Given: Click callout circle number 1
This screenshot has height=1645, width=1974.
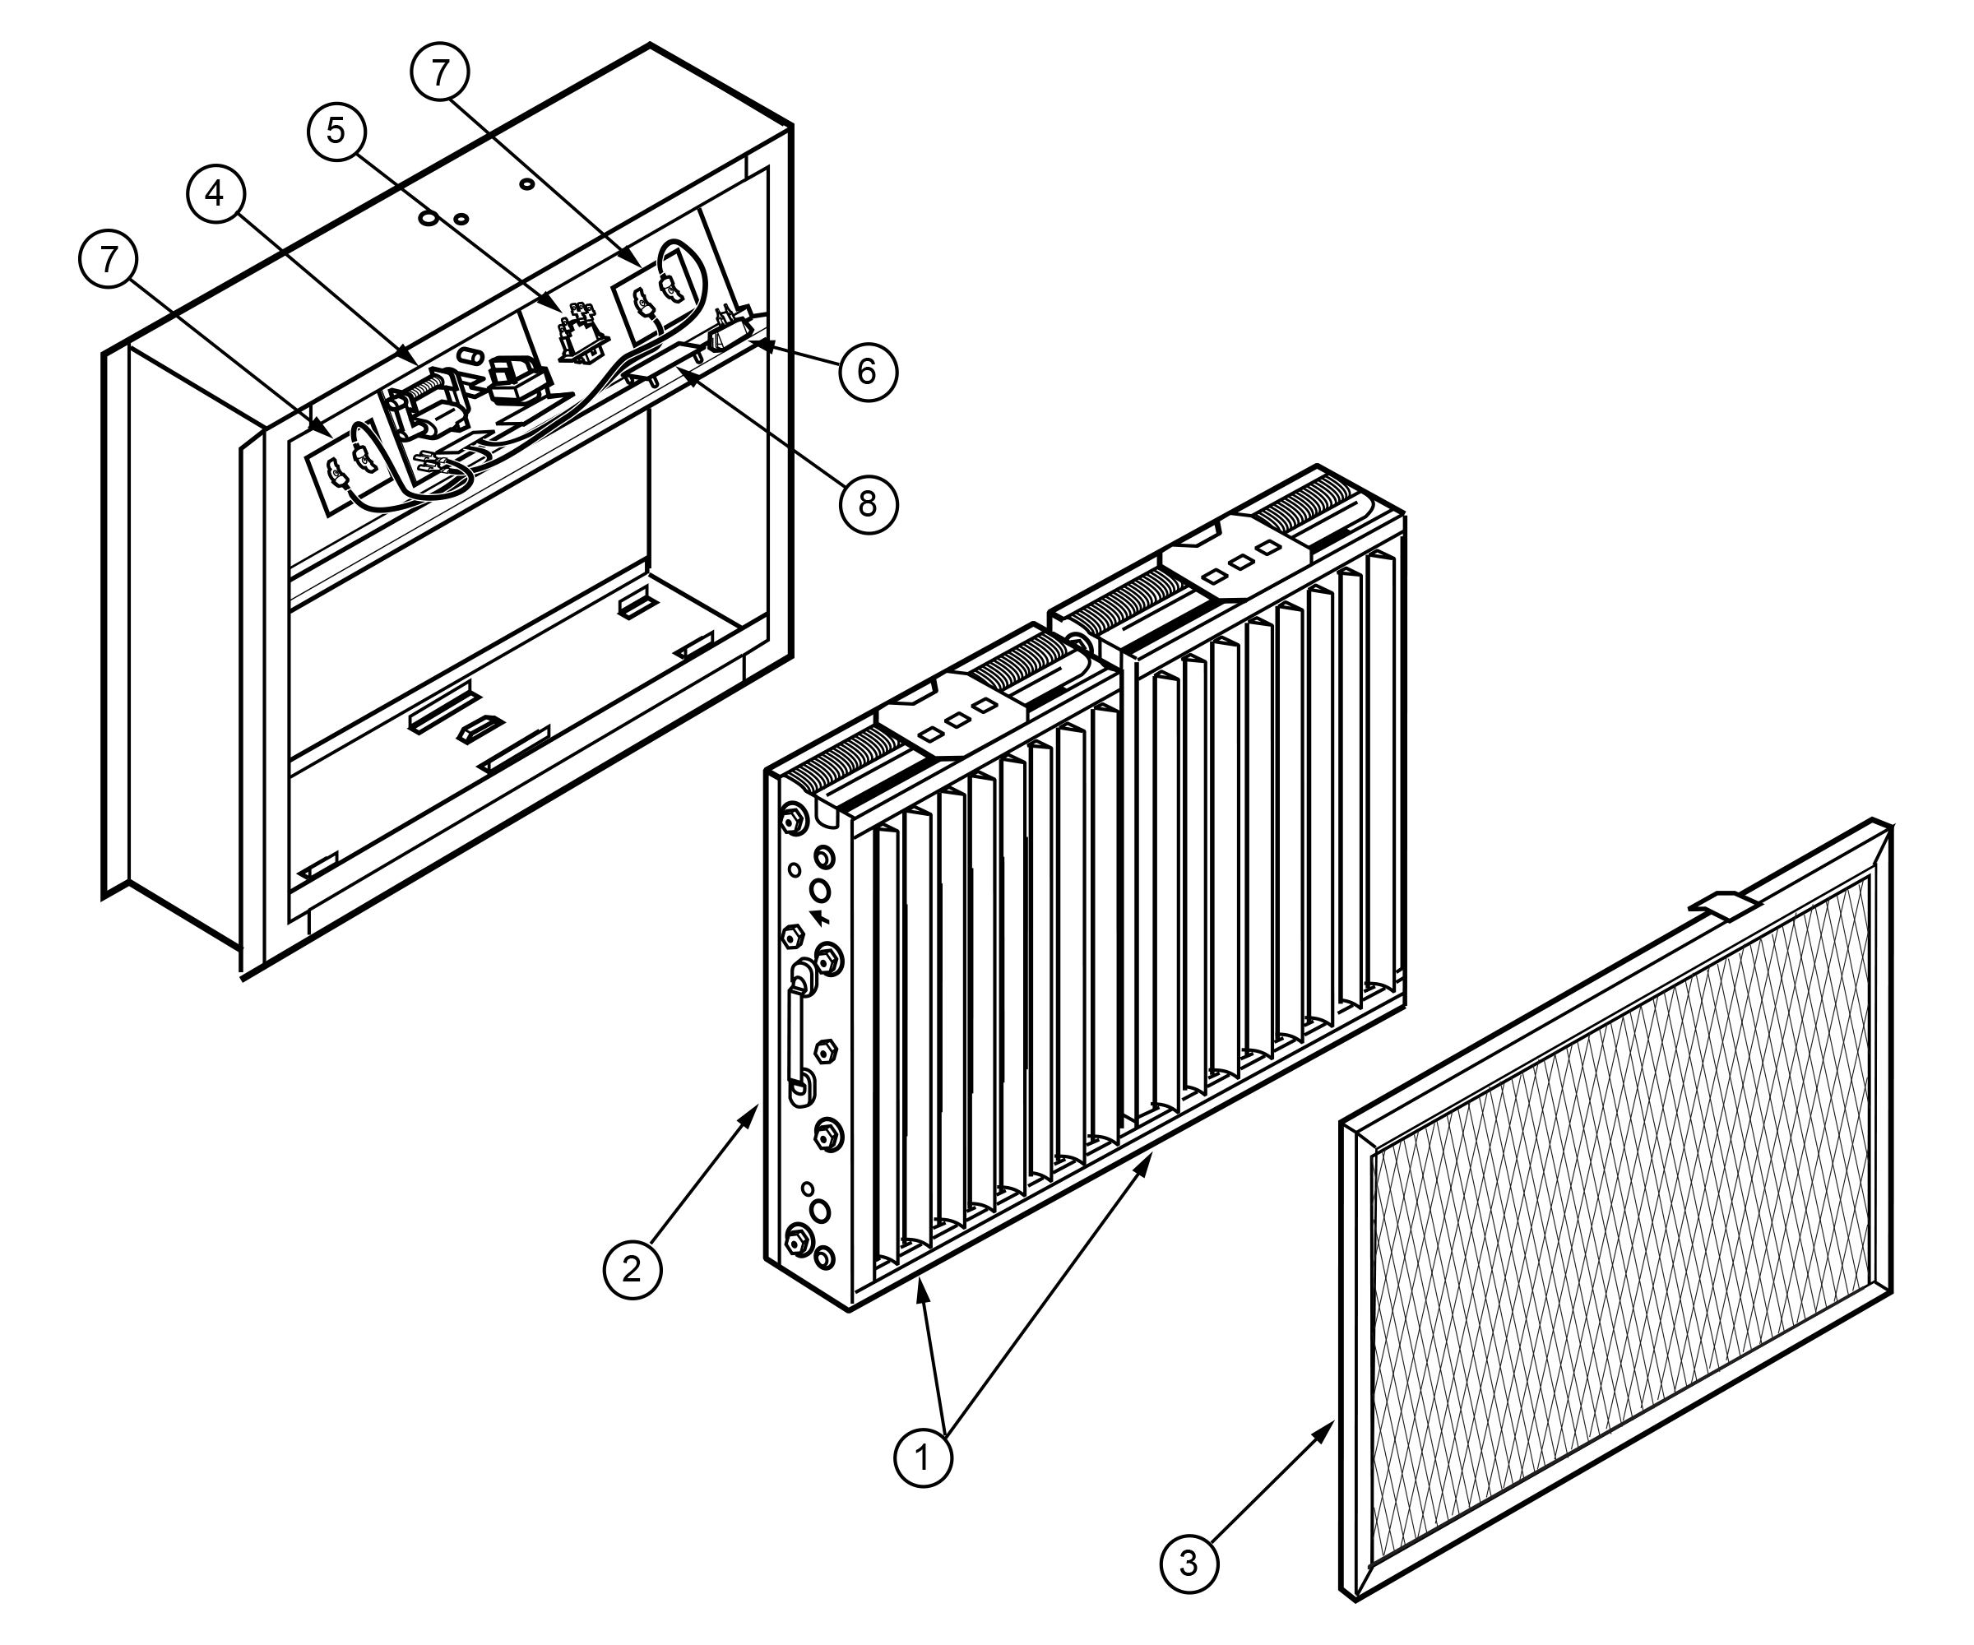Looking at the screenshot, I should coord(922,1457).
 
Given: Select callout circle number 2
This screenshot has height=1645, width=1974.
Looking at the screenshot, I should coord(632,1269).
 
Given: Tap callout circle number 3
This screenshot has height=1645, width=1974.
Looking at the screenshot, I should coord(1189,1564).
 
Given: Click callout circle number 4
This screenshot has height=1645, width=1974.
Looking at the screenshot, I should coord(215,193).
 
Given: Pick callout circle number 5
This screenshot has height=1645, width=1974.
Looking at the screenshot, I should coord(336,132).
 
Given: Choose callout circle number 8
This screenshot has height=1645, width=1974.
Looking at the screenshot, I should coord(867,504).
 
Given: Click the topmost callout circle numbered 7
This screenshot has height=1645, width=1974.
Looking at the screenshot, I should coord(442,72).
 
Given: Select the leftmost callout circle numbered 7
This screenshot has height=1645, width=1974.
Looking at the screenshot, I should coord(109,258).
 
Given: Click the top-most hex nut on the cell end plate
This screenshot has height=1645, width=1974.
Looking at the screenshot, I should coord(791,818).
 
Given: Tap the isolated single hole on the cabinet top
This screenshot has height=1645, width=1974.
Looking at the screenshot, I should coord(527,183).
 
